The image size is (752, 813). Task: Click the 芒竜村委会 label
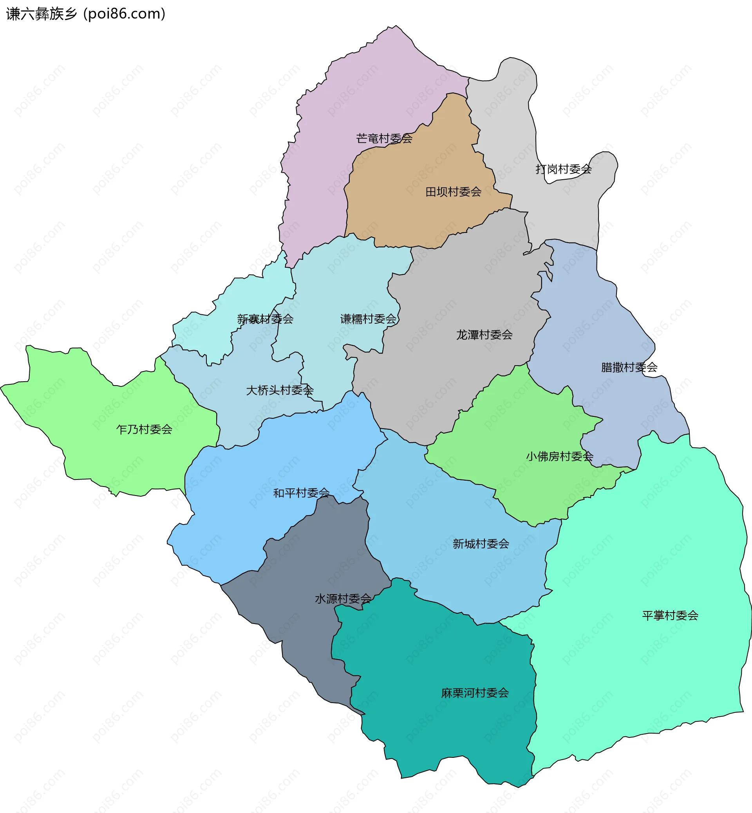384,139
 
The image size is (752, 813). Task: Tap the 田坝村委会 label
453,191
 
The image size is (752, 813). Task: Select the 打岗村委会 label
563,169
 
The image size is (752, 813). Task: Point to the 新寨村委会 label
265,319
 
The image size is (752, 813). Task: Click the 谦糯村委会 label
368,319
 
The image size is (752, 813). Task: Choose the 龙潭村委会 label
484,335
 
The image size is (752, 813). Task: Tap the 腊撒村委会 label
629,367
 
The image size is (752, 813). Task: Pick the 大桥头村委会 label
280,390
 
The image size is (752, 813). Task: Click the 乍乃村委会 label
145,429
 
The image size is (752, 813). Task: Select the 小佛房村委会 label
560,456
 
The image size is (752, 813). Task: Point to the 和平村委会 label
301,493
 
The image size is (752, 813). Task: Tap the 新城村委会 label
481,544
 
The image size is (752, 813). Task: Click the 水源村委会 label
343,598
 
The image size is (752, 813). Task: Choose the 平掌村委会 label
670,615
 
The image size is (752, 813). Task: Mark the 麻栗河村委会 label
475,692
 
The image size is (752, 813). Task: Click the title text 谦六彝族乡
42,14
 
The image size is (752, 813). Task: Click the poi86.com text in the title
124,14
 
